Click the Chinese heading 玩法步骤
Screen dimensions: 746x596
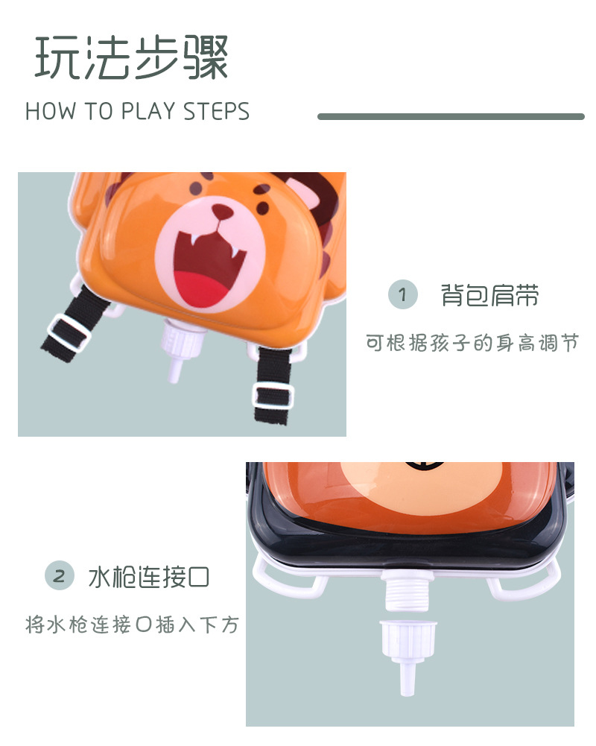[132, 57]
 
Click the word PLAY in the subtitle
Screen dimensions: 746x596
[149, 112]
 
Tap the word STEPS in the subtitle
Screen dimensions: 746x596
[216, 112]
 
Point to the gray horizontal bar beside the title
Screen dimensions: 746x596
[451, 116]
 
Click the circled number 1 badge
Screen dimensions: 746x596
[403, 295]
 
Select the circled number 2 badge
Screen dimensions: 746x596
[60, 575]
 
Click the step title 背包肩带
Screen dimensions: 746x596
[489, 295]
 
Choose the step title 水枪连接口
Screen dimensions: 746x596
[149, 576]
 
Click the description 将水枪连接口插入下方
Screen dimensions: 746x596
[133, 625]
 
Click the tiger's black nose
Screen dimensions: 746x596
[222, 212]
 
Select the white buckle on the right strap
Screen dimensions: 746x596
[271, 395]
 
